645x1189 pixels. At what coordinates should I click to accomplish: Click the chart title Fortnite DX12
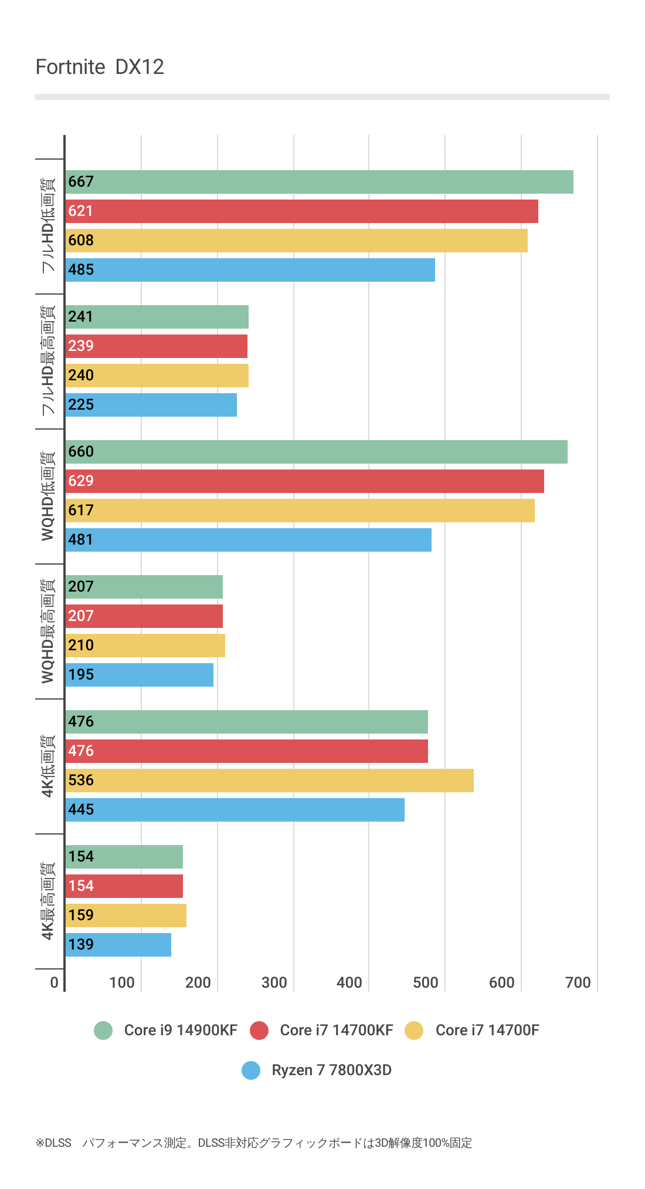(x=100, y=67)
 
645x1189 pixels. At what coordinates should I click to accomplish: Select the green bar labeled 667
(x=319, y=182)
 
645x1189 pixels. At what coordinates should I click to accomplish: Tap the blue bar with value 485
(x=250, y=270)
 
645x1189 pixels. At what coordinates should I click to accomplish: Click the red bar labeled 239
(x=156, y=346)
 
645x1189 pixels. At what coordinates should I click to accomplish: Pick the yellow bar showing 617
(x=300, y=511)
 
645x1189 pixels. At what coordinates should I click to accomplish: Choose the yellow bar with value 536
(x=269, y=781)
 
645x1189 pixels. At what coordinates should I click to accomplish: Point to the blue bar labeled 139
(x=118, y=945)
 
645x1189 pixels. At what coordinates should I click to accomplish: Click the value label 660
(x=81, y=452)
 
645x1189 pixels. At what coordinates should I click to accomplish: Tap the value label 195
(x=81, y=675)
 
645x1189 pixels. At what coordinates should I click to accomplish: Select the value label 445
(x=81, y=810)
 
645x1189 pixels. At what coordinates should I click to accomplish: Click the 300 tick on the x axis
(x=274, y=982)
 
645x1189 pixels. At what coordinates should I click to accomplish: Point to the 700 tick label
(x=578, y=982)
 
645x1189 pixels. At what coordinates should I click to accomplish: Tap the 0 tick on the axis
(x=54, y=982)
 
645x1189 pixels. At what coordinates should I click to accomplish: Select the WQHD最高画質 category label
(x=48, y=631)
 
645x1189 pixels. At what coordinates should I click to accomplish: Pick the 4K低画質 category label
(x=48, y=766)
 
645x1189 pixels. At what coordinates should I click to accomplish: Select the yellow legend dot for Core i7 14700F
(x=414, y=1030)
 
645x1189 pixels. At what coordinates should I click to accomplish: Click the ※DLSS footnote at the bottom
(x=253, y=1143)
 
